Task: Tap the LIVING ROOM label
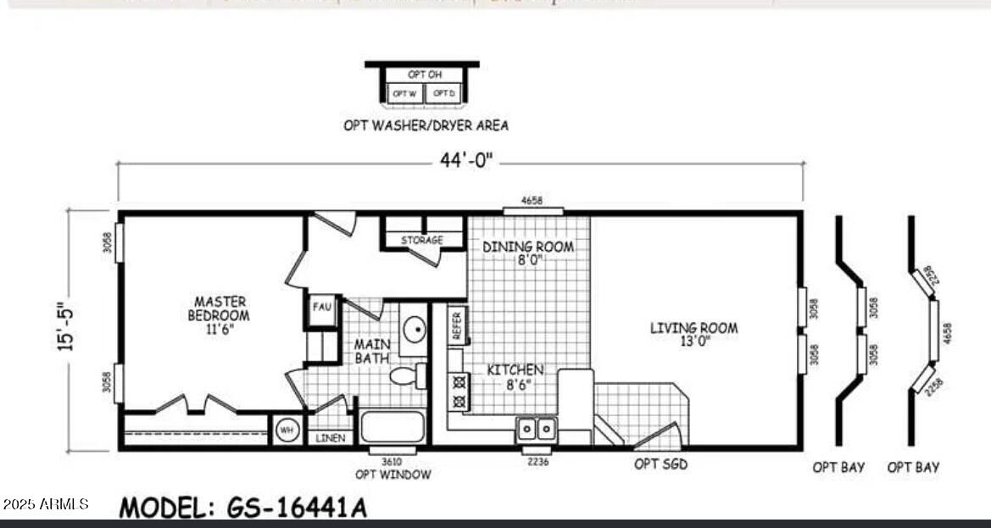tap(693, 334)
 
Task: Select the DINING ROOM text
tap(528, 253)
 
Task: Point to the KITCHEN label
tap(515, 376)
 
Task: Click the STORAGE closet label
tap(422, 241)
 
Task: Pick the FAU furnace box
tap(321, 308)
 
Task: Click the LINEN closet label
tap(329, 438)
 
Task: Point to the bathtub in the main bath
tap(392, 426)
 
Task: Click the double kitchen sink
tap(537, 430)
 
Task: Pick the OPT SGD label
tap(660, 464)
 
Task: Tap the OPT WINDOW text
tap(393, 475)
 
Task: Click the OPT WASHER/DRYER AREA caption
tap(426, 125)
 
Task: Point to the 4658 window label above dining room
tap(532, 201)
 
